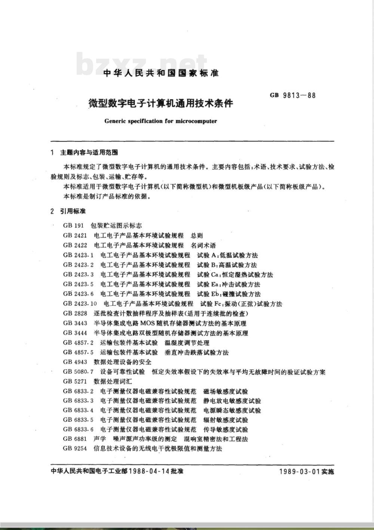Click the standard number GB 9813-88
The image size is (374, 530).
(x=293, y=95)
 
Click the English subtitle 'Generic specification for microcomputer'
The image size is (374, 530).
(x=161, y=121)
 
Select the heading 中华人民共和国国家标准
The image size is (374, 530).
(x=161, y=73)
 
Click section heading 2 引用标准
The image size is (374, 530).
(x=68, y=211)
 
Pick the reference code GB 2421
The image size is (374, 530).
(x=75, y=235)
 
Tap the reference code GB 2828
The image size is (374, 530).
(x=75, y=313)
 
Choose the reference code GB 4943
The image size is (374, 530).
(x=75, y=362)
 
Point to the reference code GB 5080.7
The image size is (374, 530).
(x=78, y=372)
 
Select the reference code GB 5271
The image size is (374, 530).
(x=75, y=382)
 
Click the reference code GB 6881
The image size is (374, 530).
(x=75, y=439)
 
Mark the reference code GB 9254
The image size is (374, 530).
(x=75, y=448)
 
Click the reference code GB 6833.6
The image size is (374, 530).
(x=78, y=429)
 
